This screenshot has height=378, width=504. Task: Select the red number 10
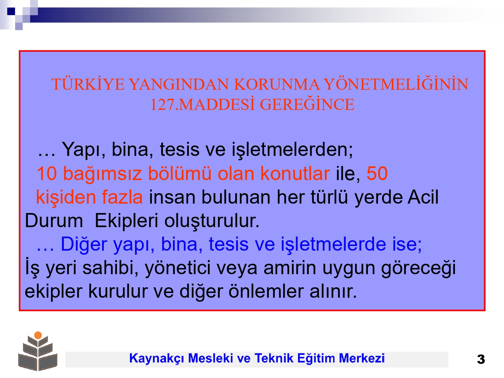pyautogui.click(x=47, y=174)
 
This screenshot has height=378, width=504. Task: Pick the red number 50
pyautogui.click(x=377, y=174)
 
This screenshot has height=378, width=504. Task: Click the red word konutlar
pyautogui.click(x=295, y=173)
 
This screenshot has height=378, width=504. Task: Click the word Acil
pyautogui.click(x=423, y=197)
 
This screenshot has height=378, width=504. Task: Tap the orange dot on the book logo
pyautogui.click(x=38, y=335)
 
